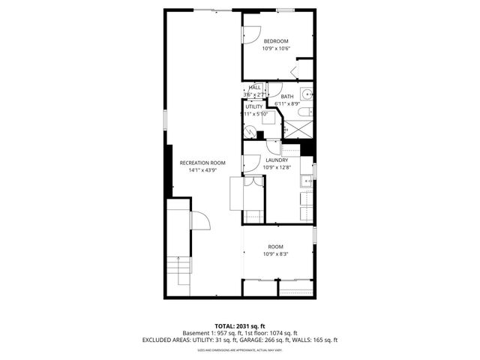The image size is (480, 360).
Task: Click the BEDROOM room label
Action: pos(276,41)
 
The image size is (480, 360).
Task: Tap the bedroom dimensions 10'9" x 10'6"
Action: pos(276,49)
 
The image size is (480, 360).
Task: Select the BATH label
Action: pos(287,96)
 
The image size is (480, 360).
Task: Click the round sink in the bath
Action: pos(306,94)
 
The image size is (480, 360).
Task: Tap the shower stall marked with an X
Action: pos(298,130)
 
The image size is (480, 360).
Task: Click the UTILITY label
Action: pos(254,106)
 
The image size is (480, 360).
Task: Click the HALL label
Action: pos(256,88)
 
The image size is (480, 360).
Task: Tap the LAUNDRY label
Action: pos(276,160)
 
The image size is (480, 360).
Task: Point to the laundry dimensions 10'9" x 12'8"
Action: pos(276,167)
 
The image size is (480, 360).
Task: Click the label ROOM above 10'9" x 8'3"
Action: pos(276,247)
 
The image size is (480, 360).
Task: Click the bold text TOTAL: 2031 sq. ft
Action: pos(240,326)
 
